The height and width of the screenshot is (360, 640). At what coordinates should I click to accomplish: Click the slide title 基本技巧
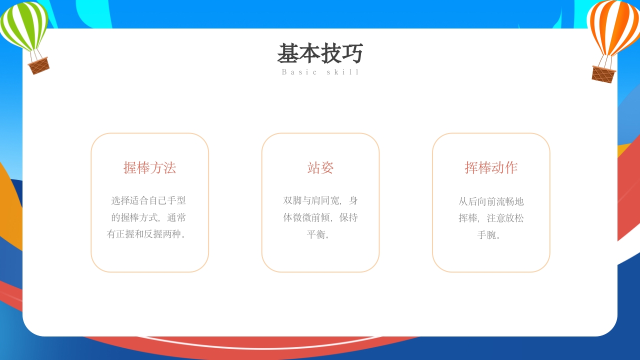pos(320,53)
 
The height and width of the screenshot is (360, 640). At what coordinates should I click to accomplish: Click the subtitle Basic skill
pos(320,72)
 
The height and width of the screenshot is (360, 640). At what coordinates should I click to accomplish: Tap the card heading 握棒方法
pos(149,167)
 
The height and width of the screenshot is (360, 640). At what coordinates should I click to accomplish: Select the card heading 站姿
pos(320,167)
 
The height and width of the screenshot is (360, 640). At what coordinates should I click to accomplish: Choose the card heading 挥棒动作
pos(491,167)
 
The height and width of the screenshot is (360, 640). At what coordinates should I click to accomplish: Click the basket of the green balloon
pos(38,65)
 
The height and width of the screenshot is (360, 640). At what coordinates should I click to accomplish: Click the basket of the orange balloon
pos(603,74)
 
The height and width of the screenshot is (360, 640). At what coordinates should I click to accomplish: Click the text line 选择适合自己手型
pos(148,200)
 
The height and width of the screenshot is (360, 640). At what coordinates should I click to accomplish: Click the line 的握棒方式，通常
pos(148,217)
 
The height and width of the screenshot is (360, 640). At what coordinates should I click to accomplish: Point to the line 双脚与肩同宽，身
pos(320,200)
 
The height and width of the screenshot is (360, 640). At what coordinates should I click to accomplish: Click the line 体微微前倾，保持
pos(320,217)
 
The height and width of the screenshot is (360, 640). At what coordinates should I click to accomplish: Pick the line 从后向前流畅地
pos(491,201)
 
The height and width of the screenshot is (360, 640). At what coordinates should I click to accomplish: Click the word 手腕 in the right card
pos(487,235)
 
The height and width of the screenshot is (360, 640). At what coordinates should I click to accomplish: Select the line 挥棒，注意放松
pos(491,218)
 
